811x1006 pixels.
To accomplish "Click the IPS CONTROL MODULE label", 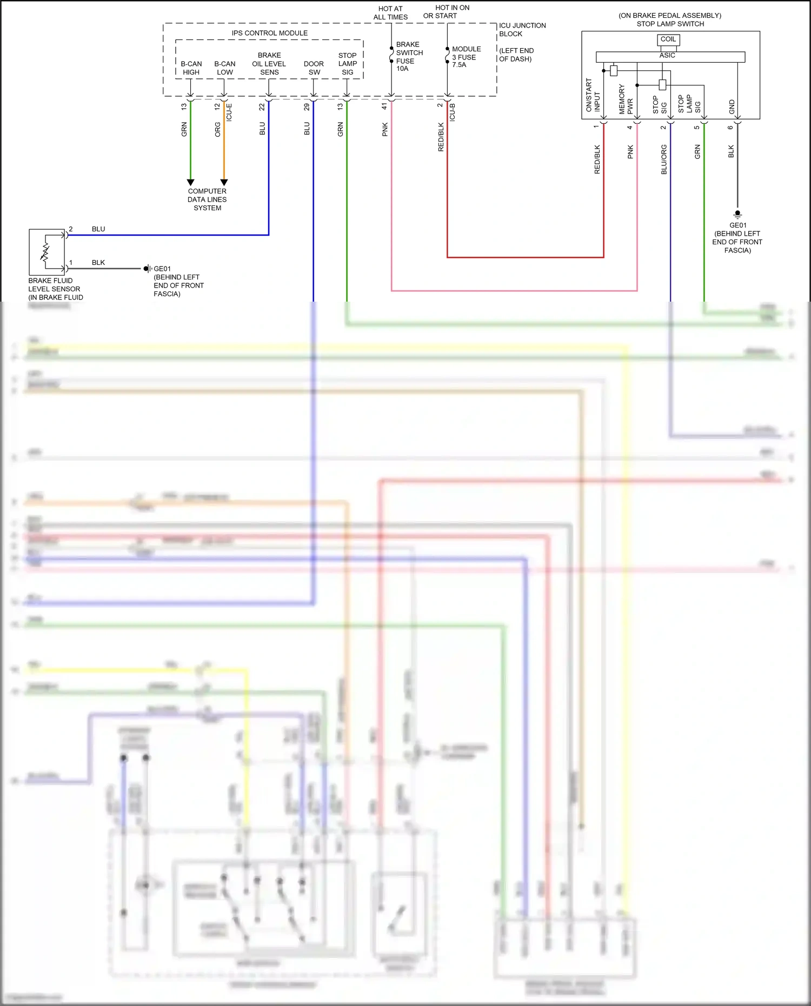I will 269,33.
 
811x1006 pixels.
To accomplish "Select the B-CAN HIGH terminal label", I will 191,68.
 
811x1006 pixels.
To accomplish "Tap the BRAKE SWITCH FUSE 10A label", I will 409,56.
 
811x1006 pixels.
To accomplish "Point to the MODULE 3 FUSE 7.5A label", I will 466,57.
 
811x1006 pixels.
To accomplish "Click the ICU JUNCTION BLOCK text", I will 522,29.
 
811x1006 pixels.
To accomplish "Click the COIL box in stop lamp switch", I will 668,39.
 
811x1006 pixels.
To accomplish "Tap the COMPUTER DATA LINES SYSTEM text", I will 207,199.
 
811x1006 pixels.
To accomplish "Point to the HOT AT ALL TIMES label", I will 390,12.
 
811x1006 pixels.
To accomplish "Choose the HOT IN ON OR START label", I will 447,11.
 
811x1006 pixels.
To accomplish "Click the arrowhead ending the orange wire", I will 224,183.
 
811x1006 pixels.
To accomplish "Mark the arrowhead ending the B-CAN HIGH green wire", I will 190,183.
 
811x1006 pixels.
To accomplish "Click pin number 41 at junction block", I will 385,106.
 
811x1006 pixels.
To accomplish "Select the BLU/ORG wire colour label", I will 664,159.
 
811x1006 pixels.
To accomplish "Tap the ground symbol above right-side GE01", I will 737,214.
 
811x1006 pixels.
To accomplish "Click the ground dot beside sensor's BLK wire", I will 147,269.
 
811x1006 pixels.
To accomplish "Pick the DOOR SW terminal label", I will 314,68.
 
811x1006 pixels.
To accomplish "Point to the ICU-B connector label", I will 453,112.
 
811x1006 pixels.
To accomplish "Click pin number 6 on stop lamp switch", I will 730,128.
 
